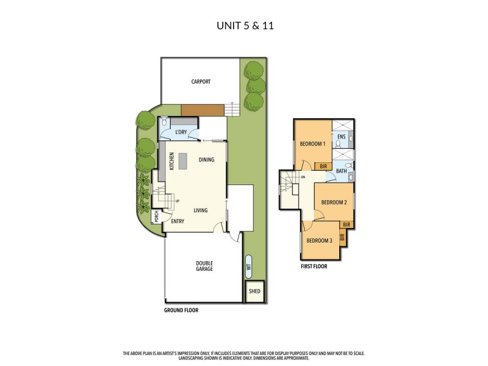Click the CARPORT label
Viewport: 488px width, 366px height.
tap(201, 81)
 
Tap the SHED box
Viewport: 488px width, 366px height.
tap(254, 292)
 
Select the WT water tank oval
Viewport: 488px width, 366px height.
tap(248, 266)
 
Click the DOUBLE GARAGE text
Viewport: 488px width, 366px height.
tap(204, 266)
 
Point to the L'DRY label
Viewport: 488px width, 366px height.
tap(181, 132)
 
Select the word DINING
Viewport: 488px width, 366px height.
tap(206, 160)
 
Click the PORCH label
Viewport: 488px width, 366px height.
tap(157, 216)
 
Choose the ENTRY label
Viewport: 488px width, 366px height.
tap(178, 221)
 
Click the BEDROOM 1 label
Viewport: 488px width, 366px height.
tap(312, 144)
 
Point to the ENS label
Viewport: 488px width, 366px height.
tap(341, 136)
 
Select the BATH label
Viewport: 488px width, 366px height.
tap(341, 171)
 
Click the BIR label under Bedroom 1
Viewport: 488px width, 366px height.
tap(321, 166)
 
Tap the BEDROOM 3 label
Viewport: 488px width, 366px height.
tap(319, 240)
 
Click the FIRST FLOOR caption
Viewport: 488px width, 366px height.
tap(314, 267)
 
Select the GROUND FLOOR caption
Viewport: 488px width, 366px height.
tap(181, 310)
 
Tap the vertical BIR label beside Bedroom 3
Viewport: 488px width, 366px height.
tap(342, 238)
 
